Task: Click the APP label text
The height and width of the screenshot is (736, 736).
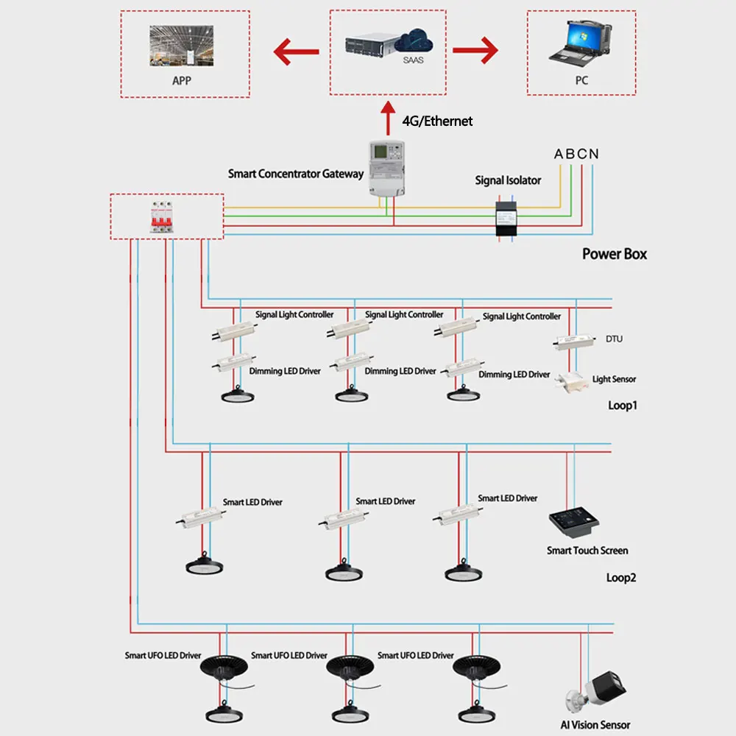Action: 181,80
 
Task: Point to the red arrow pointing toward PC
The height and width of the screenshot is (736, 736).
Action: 475,52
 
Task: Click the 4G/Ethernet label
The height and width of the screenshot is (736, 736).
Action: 437,121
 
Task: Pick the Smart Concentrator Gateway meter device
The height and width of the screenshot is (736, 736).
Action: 387,169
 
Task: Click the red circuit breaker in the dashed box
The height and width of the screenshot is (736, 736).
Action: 165,216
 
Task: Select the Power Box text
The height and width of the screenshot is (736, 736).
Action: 615,254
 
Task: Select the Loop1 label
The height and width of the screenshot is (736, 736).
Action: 622,406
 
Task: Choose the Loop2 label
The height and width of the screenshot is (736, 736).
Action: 620,578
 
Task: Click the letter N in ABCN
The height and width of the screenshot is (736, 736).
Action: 593,154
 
